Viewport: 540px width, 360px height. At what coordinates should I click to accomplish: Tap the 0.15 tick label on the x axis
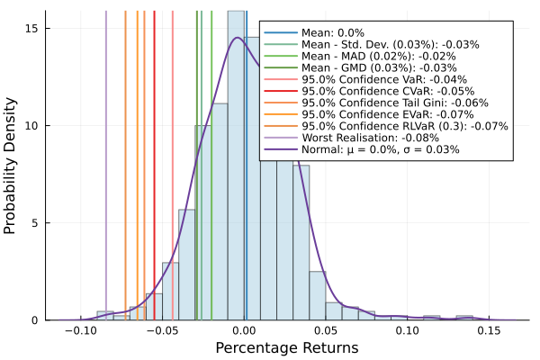click(x=489, y=330)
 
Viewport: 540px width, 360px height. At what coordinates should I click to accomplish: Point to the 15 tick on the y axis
click(x=32, y=28)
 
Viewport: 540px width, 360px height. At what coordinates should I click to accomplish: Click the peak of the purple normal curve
click(x=237, y=38)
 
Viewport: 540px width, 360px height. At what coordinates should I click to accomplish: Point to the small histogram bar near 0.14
click(x=464, y=318)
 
